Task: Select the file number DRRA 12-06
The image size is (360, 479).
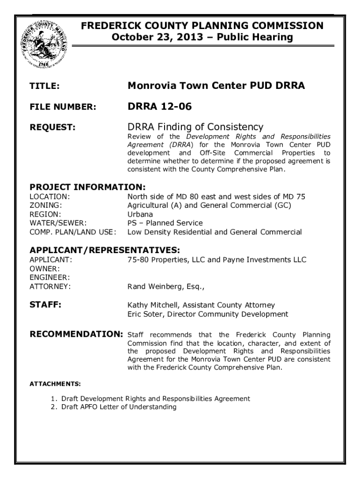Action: click(159, 107)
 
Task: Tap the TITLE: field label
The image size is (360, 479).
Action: click(44, 87)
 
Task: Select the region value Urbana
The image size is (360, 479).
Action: click(140, 214)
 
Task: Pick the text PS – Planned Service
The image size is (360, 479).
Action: click(165, 223)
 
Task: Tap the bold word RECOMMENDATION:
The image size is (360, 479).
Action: click(76, 334)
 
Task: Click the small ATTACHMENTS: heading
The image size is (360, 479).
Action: click(55, 384)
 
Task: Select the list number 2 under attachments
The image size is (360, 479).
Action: click(53, 407)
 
